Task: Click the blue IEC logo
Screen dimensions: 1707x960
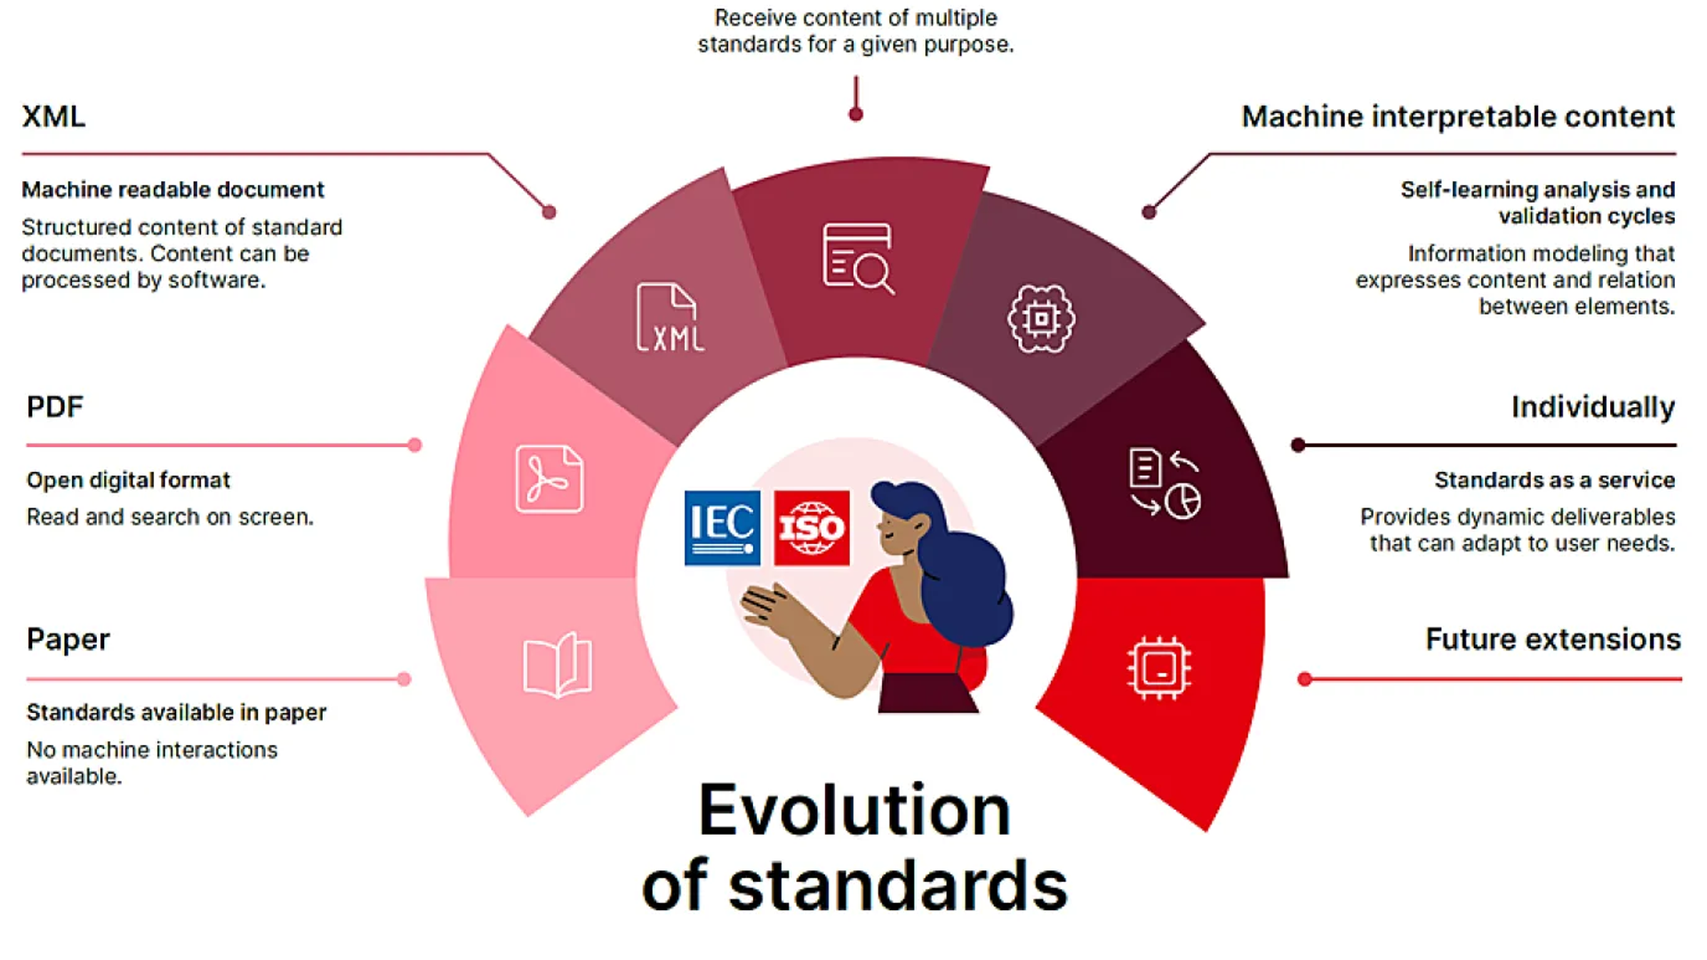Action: tap(722, 528)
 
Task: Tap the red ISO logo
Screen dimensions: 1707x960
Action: tap(812, 528)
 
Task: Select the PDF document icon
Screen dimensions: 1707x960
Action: tap(549, 479)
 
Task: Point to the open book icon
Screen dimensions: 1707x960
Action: tap(557, 665)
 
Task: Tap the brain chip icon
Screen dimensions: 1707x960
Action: tap(1041, 318)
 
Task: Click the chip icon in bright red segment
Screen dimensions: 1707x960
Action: tap(1159, 668)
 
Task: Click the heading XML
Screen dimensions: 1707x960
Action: tap(53, 116)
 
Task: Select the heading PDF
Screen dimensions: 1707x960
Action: tap(54, 407)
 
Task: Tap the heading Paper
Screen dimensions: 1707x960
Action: tap(68, 640)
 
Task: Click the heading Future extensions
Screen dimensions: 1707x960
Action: tap(1553, 639)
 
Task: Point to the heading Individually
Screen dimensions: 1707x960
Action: tap(1593, 407)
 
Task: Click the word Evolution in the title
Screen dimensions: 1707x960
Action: tap(854, 810)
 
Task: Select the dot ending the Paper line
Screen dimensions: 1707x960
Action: tap(405, 679)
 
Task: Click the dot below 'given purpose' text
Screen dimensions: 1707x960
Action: tap(856, 115)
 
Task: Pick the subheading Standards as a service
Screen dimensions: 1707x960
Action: tap(1555, 480)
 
